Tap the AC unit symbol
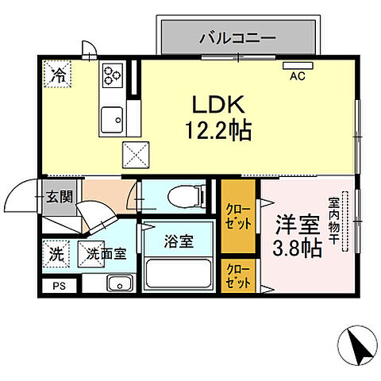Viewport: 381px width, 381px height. [298, 66]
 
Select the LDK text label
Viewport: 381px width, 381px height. [213, 105]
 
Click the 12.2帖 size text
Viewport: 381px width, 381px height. [214, 129]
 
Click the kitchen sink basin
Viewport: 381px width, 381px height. [112, 118]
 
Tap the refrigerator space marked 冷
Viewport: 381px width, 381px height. [58, 76]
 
